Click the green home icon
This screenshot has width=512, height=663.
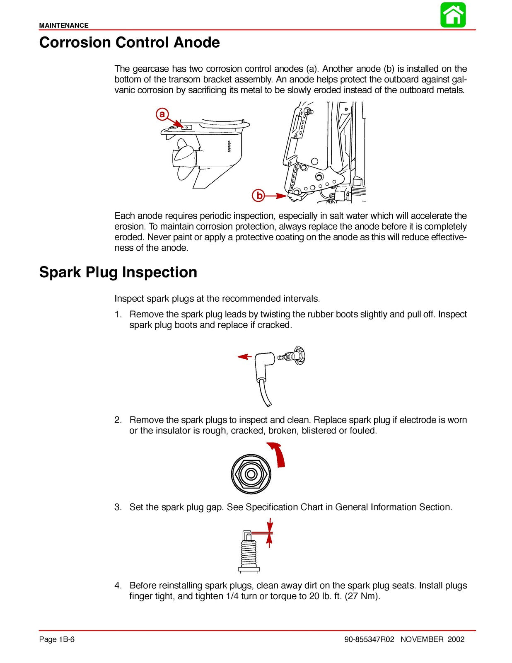pos(453,15)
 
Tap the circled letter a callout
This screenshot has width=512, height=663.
pos(162,114)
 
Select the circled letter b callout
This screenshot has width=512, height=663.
pos(259,195)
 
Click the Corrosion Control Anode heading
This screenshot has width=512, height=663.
pos(129,43)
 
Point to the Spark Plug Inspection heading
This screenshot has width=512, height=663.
pos(118,272)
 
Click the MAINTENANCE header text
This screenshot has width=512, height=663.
pos(64,25)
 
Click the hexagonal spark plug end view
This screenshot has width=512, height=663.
pos(251,474)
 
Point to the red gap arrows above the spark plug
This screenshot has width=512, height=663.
pos(270,532)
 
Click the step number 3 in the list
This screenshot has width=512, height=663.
pos(118,507)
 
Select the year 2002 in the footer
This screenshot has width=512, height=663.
pos(456,639)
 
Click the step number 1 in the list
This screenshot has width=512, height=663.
pos(118,315)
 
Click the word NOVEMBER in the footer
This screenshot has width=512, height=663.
pos(422,639)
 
